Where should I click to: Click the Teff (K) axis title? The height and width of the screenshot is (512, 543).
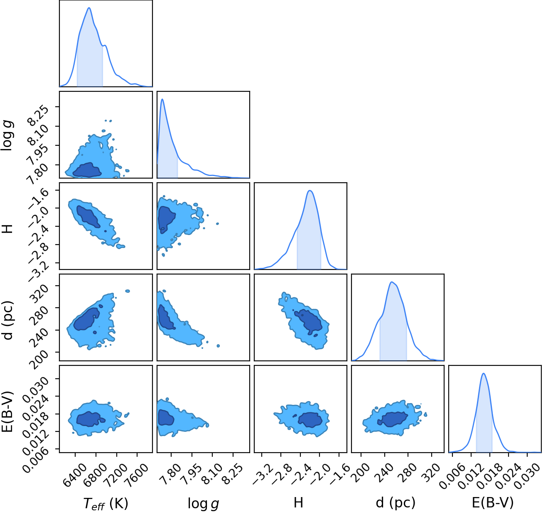[106, 503]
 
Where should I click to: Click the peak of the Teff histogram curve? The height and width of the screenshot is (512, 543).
[89, 7]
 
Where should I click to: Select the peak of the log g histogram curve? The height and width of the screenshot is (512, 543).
[162, 99]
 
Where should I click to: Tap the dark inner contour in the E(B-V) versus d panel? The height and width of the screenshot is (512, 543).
[393, 419]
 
